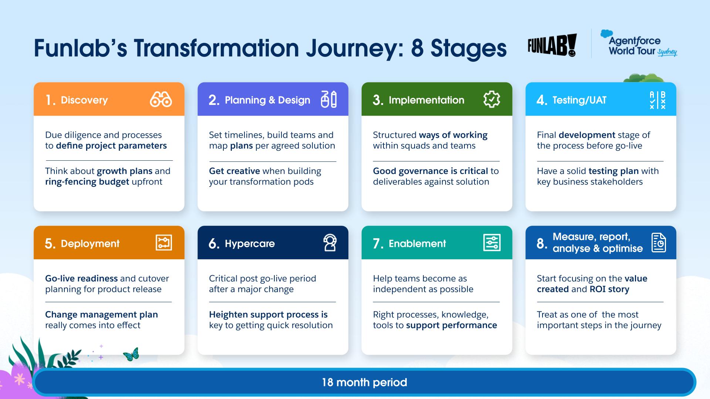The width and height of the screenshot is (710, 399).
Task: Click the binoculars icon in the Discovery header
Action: pyautogui.click(x=161, y=99)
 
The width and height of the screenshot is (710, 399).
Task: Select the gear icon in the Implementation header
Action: pyautogui.click(x=491, y=99)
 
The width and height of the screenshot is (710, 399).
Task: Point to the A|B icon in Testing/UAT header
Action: pyautogui.click(x=658, y=100)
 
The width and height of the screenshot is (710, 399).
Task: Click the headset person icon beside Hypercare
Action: pyautogui.click(x=329, y=243)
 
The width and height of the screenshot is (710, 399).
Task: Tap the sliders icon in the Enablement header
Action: pyautogui.click(x=492, y=243)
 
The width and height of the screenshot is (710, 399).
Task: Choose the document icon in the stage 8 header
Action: pyautogui.click(x=659, y=243)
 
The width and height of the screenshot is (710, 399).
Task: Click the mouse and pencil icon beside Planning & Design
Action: pyautogui.click(x=329, y=99)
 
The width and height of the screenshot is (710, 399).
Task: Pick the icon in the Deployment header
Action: pyautogui.click(x=164, y=243)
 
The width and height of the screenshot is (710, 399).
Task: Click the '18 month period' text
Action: pyautogui.click(x=365, y=382)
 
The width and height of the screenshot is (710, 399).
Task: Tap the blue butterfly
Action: pyautogui.click(x=131, y=354)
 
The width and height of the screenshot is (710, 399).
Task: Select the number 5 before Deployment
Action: pyautogui.click(x=50, y=243)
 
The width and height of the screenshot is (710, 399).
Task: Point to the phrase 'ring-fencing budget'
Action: pyautogui.click(x=87, y=182)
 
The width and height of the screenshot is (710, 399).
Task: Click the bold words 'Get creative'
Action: pyautogui.click(x=234, y=171)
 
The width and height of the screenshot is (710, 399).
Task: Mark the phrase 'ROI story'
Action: pyautogui.click(x=609, y=289)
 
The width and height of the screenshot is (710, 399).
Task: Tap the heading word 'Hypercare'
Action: pyautogui.click(x=250, y=244)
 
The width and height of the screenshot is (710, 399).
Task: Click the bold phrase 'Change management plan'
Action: pyautogui.click(x=101, y=315)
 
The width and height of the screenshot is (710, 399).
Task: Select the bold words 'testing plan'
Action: pyautogui.click(x=613, y=171)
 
